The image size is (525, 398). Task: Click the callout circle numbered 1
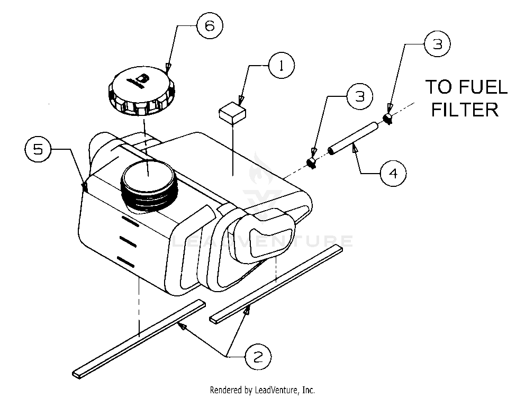click(282, 66)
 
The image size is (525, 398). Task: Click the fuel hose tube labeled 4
click(352, 138)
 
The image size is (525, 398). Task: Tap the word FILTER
click(464, 110)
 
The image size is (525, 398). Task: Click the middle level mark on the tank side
click(128, 240)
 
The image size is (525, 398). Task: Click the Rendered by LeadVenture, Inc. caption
click(262, 390)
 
